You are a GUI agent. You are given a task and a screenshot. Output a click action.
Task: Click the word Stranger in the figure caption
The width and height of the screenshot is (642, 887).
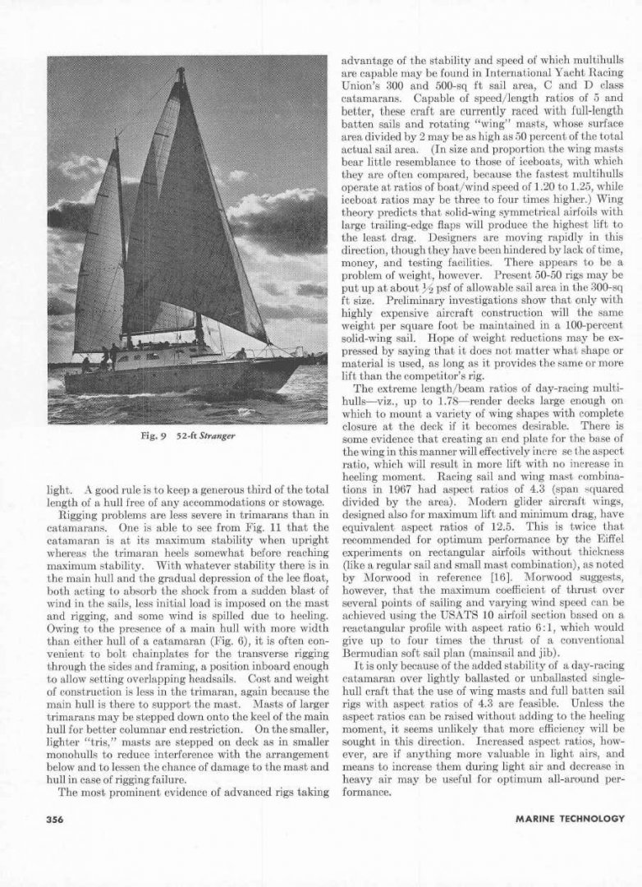tap(218, 436)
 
